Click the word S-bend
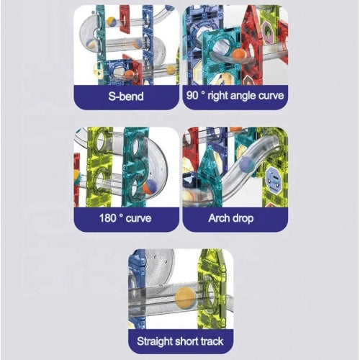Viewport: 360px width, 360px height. [x=126, y=96]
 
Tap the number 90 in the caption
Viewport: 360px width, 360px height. [x=192, y=96]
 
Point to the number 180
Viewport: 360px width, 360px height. [x=108, y=218]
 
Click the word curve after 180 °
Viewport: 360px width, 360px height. [x=138, y=219]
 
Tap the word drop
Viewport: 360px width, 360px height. [x=242, y=219]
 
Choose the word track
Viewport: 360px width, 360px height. [x=212, y=341]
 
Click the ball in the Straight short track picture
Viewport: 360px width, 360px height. [x=185, y=298]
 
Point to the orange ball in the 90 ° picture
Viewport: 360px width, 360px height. [x=238, y=56]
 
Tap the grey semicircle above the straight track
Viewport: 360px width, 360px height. [x=160, y=266]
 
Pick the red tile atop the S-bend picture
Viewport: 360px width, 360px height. [x=125, y=19]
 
